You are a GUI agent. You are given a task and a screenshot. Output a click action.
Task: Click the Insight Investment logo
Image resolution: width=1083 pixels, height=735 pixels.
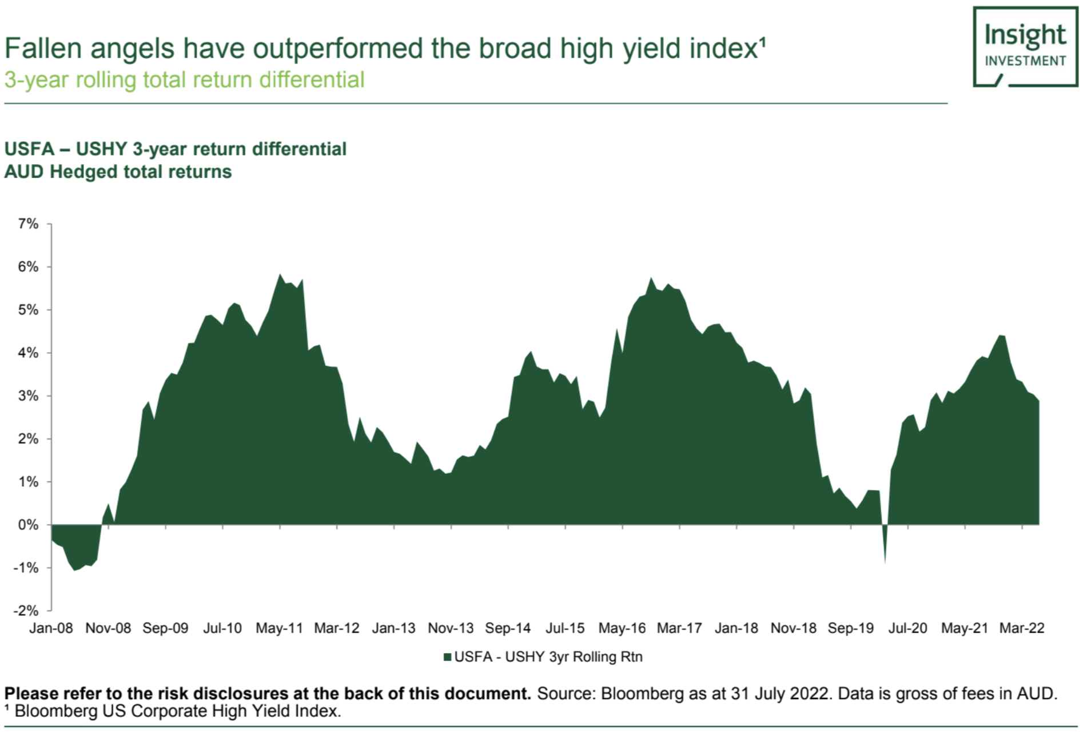(x=1025, y=47)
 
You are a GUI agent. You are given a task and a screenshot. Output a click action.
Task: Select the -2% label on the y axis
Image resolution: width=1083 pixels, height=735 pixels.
(x=26, y=610)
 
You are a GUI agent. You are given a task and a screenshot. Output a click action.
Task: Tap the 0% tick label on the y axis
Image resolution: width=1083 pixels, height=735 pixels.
(x=29, y=525)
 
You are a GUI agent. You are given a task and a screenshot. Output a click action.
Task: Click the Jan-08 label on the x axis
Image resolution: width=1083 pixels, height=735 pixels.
(x=51, y=628)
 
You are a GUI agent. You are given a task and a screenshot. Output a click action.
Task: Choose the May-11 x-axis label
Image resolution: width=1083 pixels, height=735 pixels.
(x=279, y=628)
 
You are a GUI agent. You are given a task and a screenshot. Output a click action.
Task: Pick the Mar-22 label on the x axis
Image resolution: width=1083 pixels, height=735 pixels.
(x=1021, y=628)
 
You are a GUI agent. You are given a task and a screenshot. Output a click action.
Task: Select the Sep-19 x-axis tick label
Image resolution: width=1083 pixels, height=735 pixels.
(x=850, y=628)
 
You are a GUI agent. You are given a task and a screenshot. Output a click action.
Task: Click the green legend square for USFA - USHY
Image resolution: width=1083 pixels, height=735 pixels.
(x=448, y=657)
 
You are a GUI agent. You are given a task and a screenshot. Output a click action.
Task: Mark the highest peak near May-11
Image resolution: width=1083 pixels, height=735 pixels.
(x=280, y=275)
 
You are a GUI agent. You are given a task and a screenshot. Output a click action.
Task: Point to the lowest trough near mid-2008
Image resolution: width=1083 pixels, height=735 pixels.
(x=74, y=569)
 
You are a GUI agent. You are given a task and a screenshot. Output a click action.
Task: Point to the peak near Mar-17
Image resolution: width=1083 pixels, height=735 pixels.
(x=651, y=279)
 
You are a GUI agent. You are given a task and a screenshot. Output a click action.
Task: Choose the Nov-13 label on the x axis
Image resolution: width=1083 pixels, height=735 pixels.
(x=451, y=628)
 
